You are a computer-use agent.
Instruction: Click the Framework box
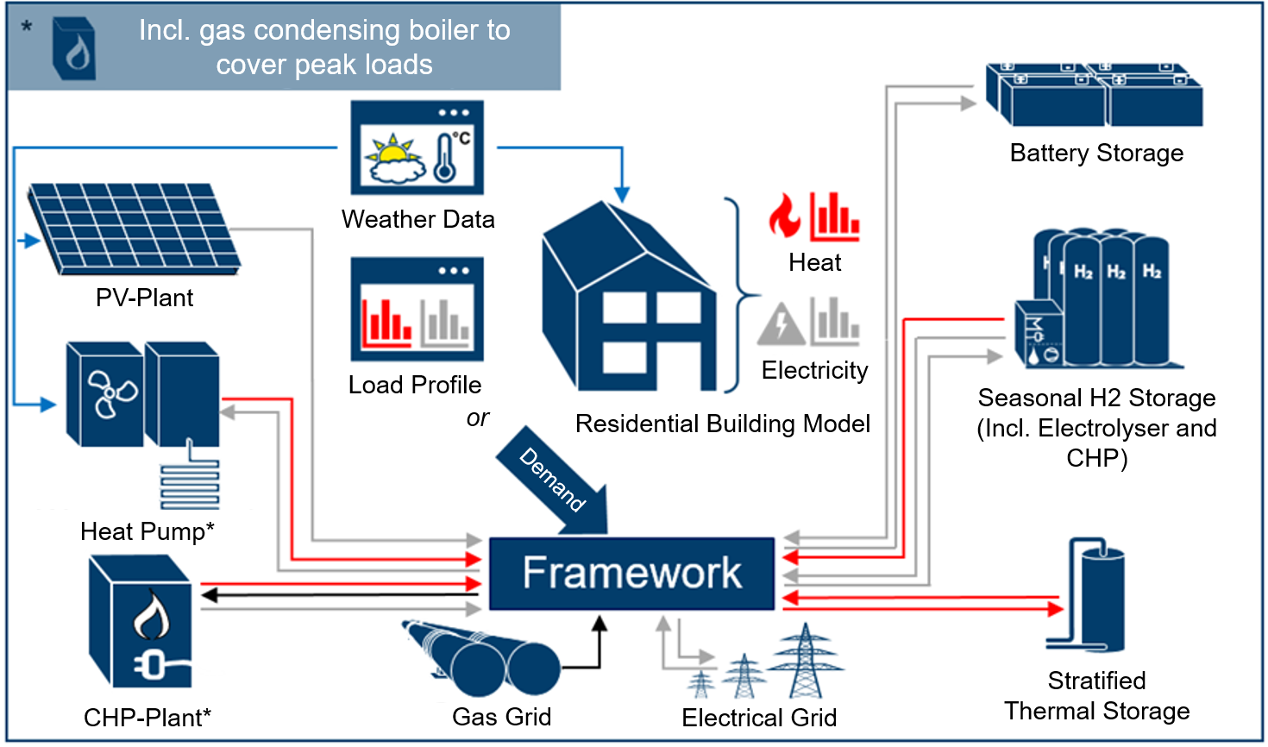(631, 574)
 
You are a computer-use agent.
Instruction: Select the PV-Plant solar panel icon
(134, 229)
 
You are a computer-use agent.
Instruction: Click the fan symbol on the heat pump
(111, 394)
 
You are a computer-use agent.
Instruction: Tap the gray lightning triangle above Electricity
(782, 323)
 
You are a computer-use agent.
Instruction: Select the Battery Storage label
(1096, 154)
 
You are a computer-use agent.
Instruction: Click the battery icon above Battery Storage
(1095, 95)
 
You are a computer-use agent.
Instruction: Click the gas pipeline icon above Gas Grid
(481, 658)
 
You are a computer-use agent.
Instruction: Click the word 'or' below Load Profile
(478, 418)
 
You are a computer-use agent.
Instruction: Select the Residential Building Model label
(722, 424)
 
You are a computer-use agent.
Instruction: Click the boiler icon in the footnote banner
(74, 48)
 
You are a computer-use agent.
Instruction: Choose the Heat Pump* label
(148, 531)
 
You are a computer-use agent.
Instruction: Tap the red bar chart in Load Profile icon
(386, 323)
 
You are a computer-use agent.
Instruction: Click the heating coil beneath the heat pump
(190, 486)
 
